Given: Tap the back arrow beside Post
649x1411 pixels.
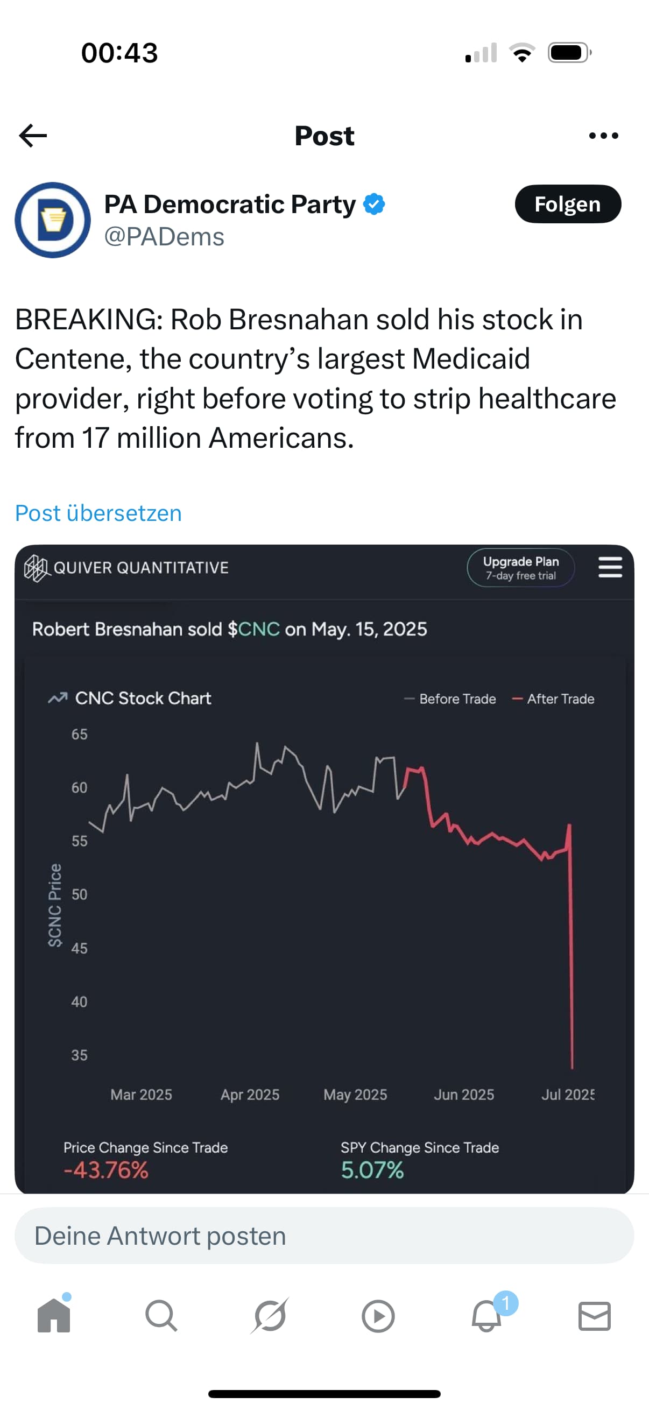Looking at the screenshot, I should coord(33,136).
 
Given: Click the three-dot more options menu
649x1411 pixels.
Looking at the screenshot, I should coord(604,136).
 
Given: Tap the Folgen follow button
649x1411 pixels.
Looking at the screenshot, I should coord(567,204).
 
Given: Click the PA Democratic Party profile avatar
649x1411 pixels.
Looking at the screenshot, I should coord(53,220).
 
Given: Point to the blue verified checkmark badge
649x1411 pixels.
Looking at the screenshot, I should coord(375,204).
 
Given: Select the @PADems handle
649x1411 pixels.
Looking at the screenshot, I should coord(164,237).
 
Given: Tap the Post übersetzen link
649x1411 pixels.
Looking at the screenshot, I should coord(98,513).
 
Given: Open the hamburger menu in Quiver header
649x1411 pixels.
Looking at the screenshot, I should coord(610,567).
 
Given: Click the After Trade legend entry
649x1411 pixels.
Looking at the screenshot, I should coord(553,699).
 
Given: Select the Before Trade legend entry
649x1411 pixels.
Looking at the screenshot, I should coord(450,699).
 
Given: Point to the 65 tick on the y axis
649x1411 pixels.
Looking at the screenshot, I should coord(80,735).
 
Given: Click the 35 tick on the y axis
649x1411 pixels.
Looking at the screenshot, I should coord(80,1055).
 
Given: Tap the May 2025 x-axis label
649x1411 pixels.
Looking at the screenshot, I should coord(355,1095).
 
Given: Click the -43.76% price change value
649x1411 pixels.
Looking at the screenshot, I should coord(105,1170).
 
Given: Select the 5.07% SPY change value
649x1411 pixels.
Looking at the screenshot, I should coord(372,1170).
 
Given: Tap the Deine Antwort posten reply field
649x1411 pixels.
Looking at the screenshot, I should coord(324,1236).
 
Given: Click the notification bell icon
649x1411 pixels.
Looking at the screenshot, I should coord(486,1316).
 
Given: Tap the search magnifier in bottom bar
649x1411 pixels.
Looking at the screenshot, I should coord(161,1316).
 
